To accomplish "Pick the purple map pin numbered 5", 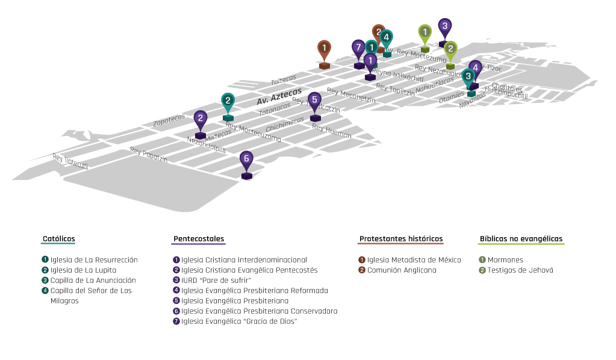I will point(314,101).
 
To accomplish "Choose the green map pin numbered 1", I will point(425,33).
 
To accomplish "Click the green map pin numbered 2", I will point(450,49).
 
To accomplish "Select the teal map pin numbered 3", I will point(468,77).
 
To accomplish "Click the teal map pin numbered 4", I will point(386,38).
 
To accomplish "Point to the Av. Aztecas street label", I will point(279,96).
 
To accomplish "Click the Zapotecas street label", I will point(168,120).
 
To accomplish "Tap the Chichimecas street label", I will point(285,125).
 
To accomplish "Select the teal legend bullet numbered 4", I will point(45,290).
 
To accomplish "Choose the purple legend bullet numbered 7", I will point(176,321).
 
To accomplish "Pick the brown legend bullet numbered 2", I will point(362,270).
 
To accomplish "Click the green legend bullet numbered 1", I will point(482,259).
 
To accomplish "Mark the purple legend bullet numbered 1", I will point(176,259).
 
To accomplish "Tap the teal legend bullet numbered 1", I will point(45,259).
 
